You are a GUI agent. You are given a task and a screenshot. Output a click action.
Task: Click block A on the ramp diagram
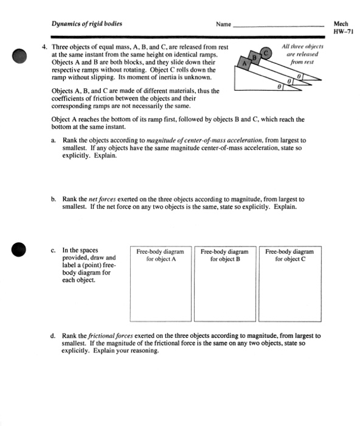click(x=245, y=63)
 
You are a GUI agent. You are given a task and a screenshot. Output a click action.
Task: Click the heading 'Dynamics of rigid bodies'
click(x=86, y=24)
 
